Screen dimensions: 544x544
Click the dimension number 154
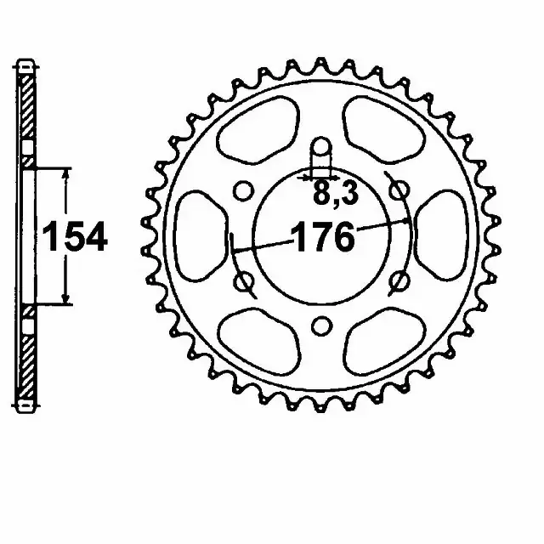(x=76, y=237)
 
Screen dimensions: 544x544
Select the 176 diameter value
(x=323, y=238)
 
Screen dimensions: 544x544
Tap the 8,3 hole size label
(x=336, y=193)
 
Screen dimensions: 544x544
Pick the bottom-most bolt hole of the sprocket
(x=321, y=326)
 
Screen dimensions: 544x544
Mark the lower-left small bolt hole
(x=243, y=281)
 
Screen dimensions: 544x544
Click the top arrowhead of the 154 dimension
(x=65, y=173)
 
